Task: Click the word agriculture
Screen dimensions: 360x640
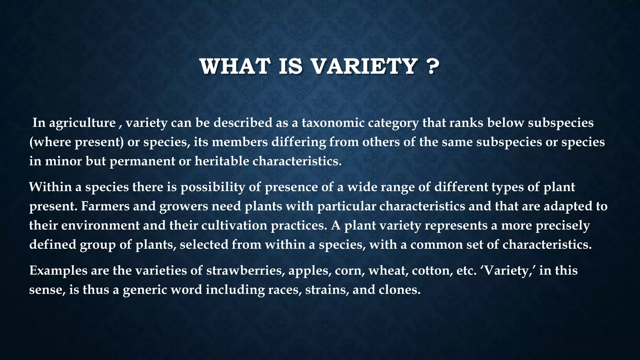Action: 82,123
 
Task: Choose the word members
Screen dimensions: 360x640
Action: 241,142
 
